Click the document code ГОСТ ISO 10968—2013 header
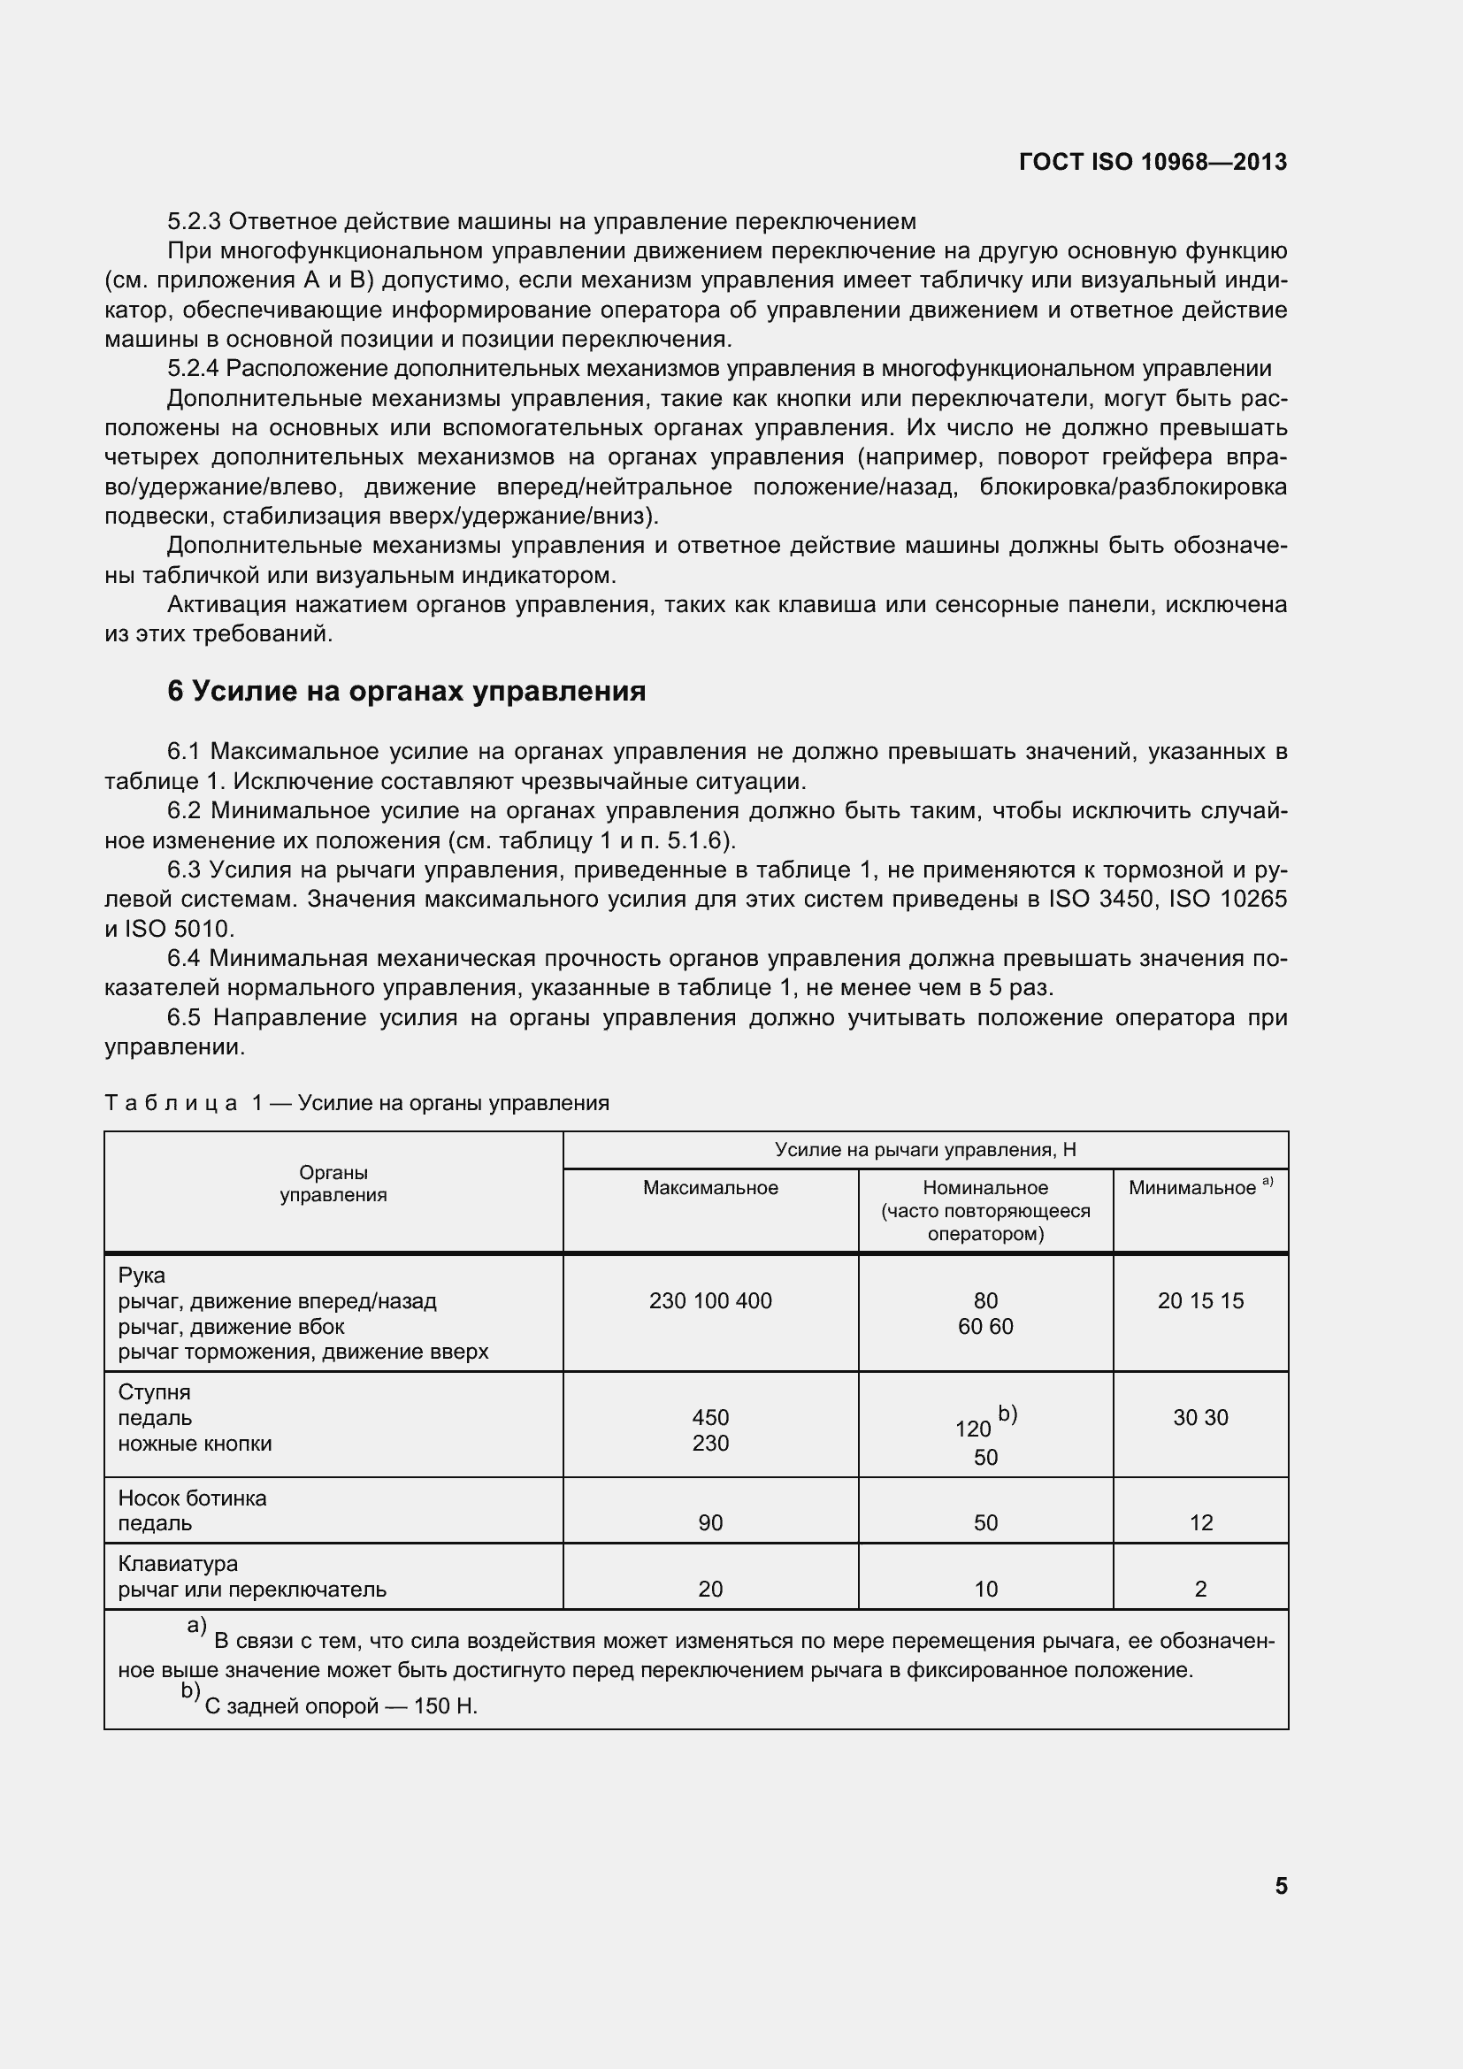(x=1153, y=162)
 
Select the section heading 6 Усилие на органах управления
(x=406, y=691)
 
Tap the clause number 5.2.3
(x=195, y=221)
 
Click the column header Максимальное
(x=710, y=1188)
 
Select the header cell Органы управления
(x=333, y=1184)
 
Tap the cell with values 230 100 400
(x=710, y=1300)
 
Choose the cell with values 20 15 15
(x=1200, y=1300)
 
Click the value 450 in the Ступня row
(x=710, y=1417)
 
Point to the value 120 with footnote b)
(x=973, y=1429)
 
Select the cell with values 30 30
(x=1200, y=1417)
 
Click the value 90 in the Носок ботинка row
(x=710, y=1523)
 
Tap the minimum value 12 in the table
(x=1201, y=1523)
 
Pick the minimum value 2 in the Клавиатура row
(x=1200, y=1589)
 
